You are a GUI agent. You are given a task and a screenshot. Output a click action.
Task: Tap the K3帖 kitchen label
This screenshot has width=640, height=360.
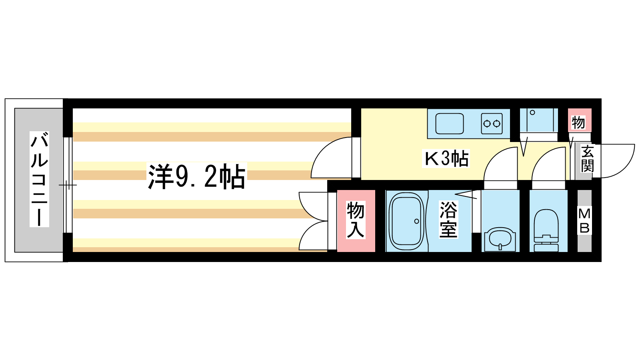pyautogui.click(x=446, y=159)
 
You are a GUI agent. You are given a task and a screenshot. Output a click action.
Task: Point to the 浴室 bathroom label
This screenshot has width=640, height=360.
pyautogui.click(x=448, y=220)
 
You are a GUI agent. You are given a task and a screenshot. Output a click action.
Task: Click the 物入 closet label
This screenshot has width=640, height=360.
pyautogui.click(x=356, y=220)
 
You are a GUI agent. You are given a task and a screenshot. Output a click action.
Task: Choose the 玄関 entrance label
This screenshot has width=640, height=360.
pyautogui.click(x=587, y=159)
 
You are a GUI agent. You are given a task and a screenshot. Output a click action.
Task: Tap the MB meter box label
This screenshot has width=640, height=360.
pyautogui.click(x=584, y=221)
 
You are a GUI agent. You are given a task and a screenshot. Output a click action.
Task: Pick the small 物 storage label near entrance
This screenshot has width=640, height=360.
pyautogui.click(x=578, y=122)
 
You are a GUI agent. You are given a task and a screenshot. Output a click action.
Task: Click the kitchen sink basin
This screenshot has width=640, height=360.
pyautogui.click(x=450, y=124)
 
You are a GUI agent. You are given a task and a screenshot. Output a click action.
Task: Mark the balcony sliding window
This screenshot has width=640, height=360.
pyautogui.click(x=68, y=185)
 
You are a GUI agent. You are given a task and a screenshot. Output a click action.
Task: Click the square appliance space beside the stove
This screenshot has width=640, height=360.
pyautogui.click(x=538, y=120)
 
